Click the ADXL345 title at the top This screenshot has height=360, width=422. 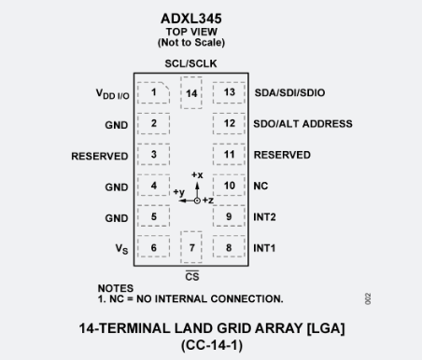[x=191, y=17]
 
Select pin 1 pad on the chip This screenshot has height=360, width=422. [x=153, y=93]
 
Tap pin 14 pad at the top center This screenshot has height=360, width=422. [x=191, y=93]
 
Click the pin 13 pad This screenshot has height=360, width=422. [x=229, y=93]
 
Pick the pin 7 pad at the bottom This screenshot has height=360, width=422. [x=191, y=247]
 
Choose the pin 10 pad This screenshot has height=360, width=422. [x=229, y=187]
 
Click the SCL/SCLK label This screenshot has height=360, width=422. [x=191, y=62]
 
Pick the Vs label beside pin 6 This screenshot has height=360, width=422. [x=121, y=249]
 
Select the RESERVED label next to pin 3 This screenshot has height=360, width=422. [x=100, y=156]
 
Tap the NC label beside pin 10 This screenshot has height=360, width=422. [x=260, y=187]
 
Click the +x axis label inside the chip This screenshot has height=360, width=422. [x=196, y=174]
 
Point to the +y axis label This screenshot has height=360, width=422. [x=178, y=192]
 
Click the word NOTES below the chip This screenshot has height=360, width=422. [x=115, y=288]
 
